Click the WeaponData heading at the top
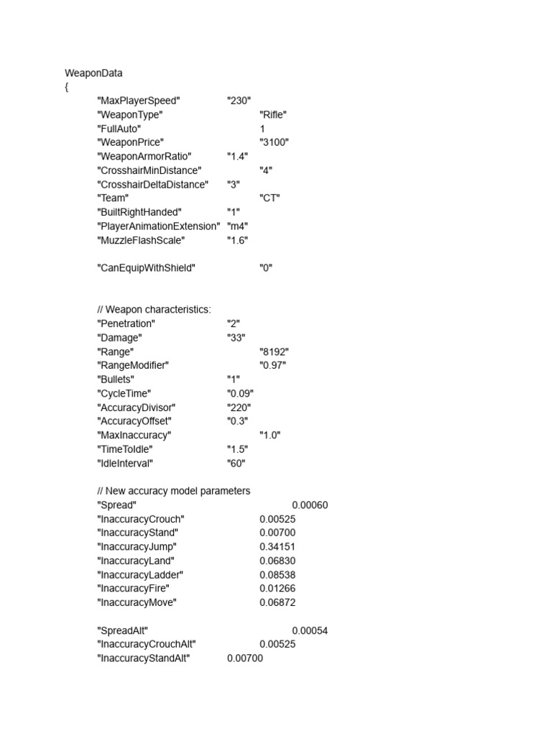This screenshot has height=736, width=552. [93, 73]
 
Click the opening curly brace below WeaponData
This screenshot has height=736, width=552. [67, 87]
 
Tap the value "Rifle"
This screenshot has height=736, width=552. [274, 115]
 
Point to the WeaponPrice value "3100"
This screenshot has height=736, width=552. [274, 142]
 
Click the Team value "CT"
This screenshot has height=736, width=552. [270, 198]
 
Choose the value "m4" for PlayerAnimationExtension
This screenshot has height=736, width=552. [237, 226]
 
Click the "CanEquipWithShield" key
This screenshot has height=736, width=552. [146, 268]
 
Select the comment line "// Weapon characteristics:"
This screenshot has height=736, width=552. [154, 310]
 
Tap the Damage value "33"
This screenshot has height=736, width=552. [236, 338]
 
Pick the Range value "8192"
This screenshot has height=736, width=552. [274, 351]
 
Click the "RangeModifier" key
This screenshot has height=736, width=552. [133, 365]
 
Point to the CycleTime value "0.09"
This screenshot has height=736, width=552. [240, 393]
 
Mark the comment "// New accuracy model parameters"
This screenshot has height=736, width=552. [173, 491]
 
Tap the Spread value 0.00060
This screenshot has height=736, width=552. [310, 505]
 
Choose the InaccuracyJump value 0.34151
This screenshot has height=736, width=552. [277, 547]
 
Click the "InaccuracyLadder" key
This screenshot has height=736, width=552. [140, 575]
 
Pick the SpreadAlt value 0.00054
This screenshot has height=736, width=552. [310, 630]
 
